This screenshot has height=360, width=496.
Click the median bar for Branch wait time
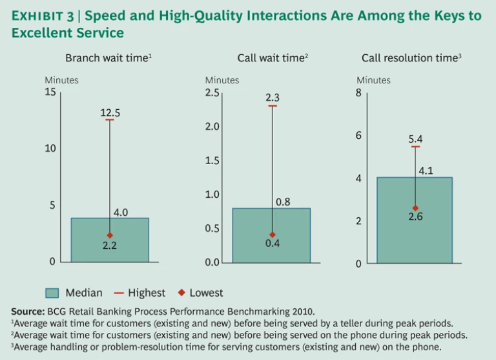(x=110, y=248)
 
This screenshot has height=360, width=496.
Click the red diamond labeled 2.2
(x=110, y=235)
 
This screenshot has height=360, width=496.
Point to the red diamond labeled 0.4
(x=273, y=235)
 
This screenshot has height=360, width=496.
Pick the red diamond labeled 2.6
(x=415, y=208)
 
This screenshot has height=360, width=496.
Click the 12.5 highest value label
(x=110, y=113)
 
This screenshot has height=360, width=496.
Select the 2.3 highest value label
(x=273, y=98)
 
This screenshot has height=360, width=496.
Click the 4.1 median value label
(x=427, y=171)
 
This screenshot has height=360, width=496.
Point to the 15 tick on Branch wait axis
(x=50, y=92)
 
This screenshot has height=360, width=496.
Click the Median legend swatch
(x=52, y=293)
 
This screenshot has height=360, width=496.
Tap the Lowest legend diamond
(x=181, y=293)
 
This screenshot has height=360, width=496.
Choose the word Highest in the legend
(x=146, y=293)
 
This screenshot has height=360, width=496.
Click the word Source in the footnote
(x=28, y=312)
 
